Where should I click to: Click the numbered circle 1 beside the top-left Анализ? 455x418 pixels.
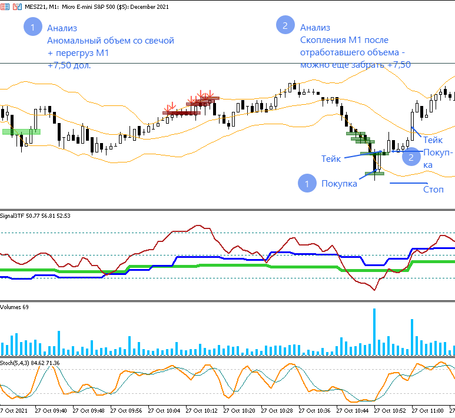[33, 28]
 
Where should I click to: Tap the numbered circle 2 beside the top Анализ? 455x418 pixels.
[285, 25]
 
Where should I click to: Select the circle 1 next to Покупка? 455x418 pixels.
[307, 183]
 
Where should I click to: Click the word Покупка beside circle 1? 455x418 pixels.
[339, 184]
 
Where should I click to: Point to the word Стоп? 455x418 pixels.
[433, 190]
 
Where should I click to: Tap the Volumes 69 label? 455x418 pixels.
[15, 307]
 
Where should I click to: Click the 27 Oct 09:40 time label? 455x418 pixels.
[51, 410]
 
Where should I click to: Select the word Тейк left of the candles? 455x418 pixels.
[331, 159]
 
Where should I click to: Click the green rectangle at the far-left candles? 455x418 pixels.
[21, 131]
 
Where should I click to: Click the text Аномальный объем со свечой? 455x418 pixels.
[111, 41]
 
